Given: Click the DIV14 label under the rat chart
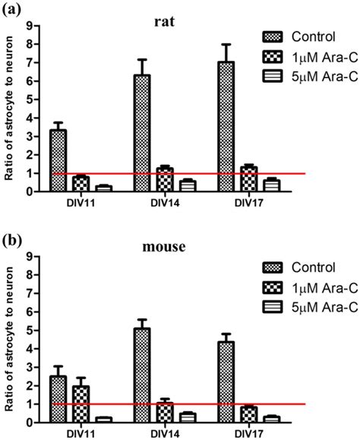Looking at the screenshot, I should pyautogui.click(x=142, y=202).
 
